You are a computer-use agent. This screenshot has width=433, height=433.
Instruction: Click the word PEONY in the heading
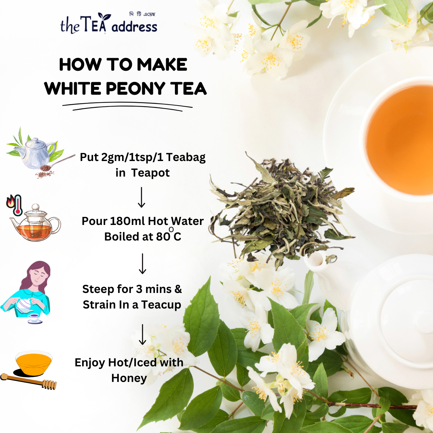click(x=136, y=89)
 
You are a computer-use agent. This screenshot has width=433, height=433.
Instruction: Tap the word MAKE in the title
click(x=162, y=65)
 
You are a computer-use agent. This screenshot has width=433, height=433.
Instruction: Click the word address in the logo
click(x=134, y=27)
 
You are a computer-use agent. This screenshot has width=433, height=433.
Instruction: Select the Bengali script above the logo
click(x=142, y=14)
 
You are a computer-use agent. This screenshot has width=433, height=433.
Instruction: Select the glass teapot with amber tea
click(x=35, y=223)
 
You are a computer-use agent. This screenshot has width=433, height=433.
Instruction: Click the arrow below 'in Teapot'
click(x=141, y=197)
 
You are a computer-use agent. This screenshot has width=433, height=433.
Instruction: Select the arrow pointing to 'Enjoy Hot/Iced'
click(x=142, y=334)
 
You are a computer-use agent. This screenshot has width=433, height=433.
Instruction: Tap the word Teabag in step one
click(x=186, y=158)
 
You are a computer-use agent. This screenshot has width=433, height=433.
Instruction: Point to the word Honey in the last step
click(x=129, y=378)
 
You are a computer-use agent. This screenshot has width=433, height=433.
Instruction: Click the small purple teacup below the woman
click(x=35, y=318)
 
